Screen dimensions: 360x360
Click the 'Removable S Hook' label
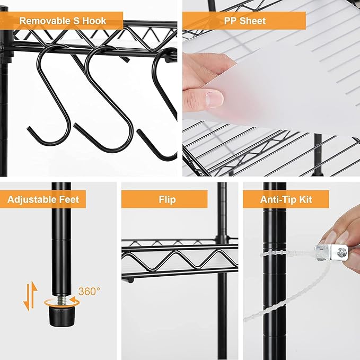tap(63, 21)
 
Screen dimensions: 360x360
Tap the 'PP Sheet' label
tap(244, 21)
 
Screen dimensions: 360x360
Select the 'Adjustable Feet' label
tap(43, 199)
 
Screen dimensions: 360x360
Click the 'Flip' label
tap(166, 199)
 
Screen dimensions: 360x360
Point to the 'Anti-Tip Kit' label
tap(286, 199)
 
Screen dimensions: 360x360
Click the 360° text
tap(89, 291)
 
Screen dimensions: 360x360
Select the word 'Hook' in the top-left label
tap(94, 21)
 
